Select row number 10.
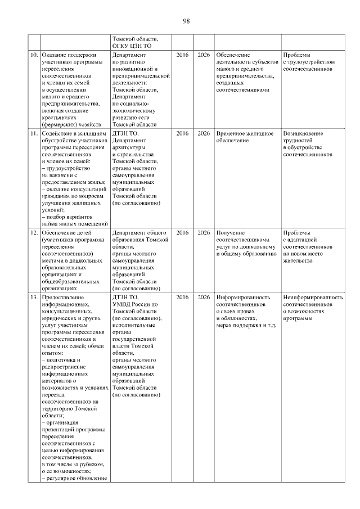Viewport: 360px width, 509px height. coord(33,55)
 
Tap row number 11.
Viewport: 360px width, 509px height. coord(33,134)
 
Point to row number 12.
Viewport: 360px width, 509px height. coord(33,232)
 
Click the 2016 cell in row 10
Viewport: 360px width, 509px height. coord(182,55)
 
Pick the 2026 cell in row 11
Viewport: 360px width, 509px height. coord(204,134)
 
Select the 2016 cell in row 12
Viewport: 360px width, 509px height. coord(182,232)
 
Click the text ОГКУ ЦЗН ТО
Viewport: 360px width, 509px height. coord(133,46)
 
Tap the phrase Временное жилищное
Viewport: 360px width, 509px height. coord(245,134)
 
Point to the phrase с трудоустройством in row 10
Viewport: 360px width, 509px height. coord(309,62)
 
